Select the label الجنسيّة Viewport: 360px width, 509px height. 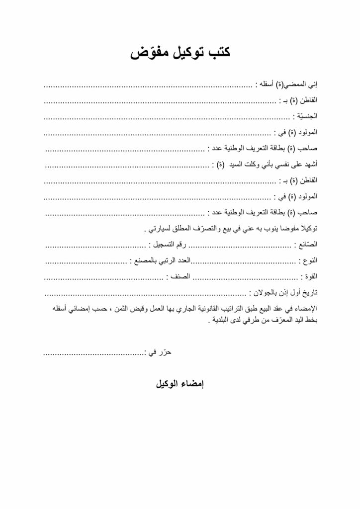click(x=305, y=116)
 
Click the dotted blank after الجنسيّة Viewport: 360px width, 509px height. click(x=167, y=116)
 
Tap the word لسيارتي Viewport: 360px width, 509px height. click(x=158, y=229)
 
